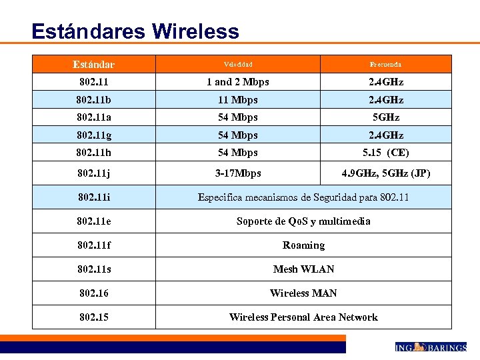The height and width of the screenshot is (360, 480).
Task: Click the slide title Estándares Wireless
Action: [x=135, y=31]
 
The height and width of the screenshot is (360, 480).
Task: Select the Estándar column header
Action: [x=93, y=65]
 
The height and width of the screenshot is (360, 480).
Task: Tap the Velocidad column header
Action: [x=237, y=65]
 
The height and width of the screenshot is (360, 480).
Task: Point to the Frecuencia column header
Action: [x=385, y=65]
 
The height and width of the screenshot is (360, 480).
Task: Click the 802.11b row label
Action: [x=93, y=100]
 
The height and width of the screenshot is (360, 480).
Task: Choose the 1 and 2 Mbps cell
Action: [x=237, y=82]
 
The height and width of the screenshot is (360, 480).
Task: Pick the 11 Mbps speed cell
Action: [x=237, y=100]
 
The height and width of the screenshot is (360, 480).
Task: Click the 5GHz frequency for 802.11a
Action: [x=385, y=117]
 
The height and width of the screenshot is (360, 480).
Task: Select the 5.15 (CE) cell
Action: [x=385, y=153]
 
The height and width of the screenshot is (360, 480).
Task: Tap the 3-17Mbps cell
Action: [x=237, y=173]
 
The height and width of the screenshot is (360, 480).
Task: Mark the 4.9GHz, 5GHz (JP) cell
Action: [x=385, y=173]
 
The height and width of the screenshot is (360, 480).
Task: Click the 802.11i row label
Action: [x=93, y=197]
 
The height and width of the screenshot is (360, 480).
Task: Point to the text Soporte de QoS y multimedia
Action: [x=303, y=221]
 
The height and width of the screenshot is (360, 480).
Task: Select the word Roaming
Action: [x=303, y=245]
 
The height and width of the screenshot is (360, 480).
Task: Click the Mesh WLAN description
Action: [x=303, y=269]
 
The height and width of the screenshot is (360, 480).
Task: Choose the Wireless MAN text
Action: [x=303, y=293]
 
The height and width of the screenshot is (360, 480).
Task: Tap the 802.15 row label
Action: [x=93, y=317]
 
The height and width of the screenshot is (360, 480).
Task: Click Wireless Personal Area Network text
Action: [x=303, y=317]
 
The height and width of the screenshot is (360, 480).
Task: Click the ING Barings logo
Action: [x=430, y=347]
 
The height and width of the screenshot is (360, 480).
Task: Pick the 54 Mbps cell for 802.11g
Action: [x=237, y=135]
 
